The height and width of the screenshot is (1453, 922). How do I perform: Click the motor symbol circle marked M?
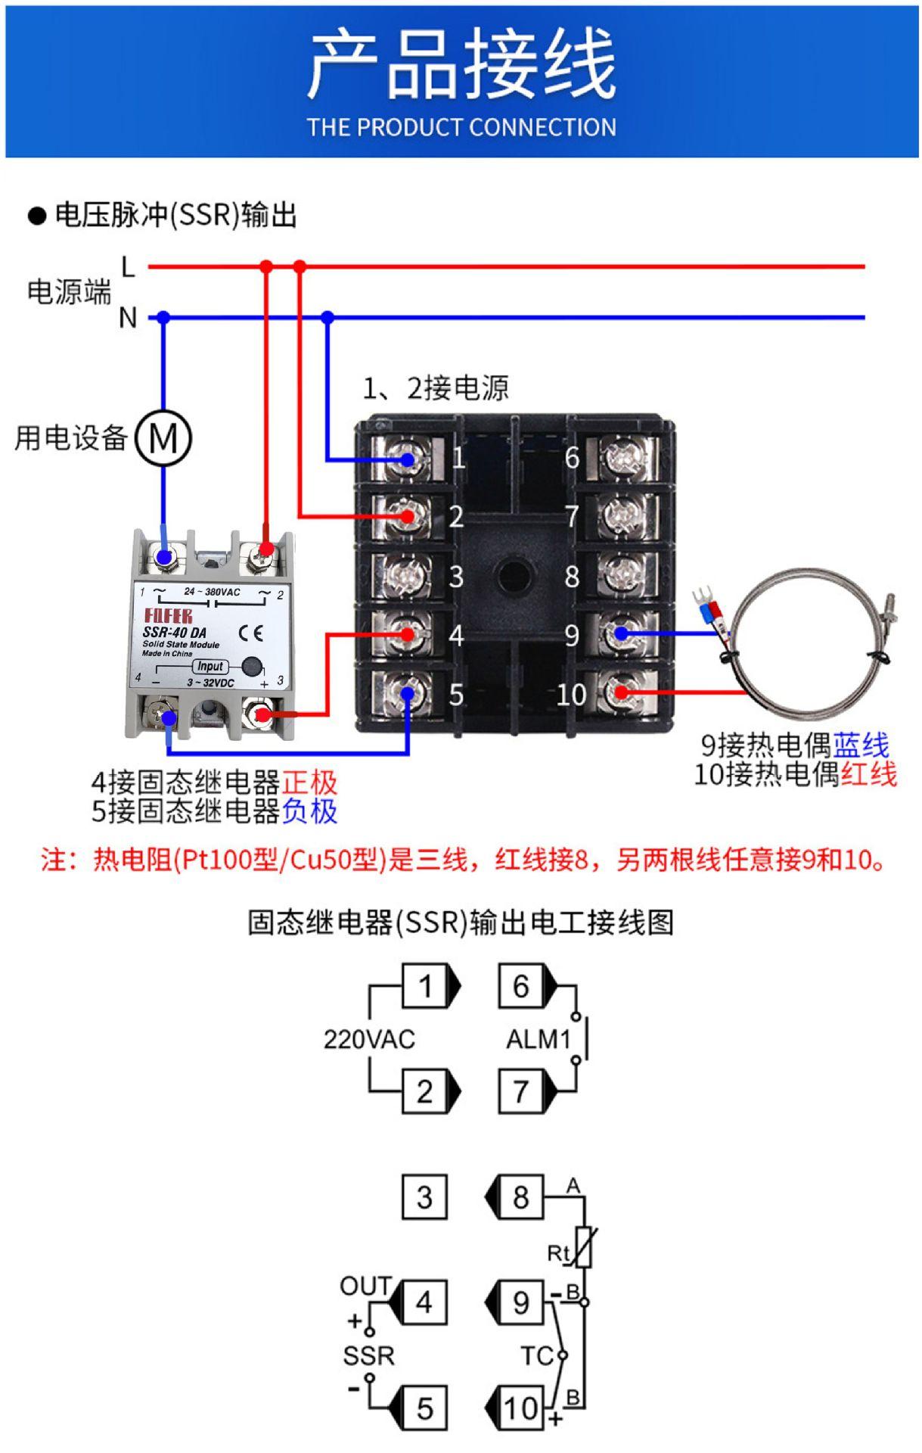click(x=163, y=437)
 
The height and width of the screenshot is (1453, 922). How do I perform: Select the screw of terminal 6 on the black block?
click(x=622, y=457)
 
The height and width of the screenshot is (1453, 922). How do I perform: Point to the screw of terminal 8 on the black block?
click(x=622, y=575)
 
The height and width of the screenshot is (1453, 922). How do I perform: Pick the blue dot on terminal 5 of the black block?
click(x=408, y=692)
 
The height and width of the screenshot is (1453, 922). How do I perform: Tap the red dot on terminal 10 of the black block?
click(x=621, y=692)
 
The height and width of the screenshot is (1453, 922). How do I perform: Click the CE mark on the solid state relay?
click(x=251, y=633)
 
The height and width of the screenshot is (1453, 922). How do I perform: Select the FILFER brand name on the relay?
click(x=168, y=615)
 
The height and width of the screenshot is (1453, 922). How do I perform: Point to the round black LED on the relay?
click(x=251, y=667)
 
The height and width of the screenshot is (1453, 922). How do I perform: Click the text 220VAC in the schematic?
click(x=369, y=1039)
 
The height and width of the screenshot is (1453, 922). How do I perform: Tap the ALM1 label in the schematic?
click(x=538, y=1039)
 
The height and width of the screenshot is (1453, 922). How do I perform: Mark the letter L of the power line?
click(x=128, y=266)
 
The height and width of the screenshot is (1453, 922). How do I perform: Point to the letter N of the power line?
click(x=128, y=318)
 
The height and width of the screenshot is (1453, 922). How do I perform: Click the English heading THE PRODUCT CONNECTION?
click(x=461, y=126)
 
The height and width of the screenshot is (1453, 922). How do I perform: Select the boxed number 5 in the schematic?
click(x=424, y=1408)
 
